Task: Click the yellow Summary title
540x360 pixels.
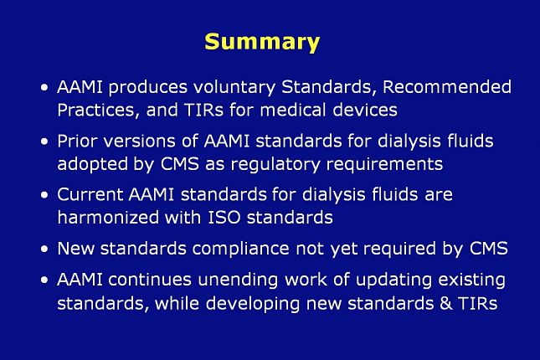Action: click(262, 42)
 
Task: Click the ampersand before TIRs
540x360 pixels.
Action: click(446, 302)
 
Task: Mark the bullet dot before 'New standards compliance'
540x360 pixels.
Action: click(43, 249)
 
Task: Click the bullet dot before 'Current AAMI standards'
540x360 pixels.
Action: click(43, 195)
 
